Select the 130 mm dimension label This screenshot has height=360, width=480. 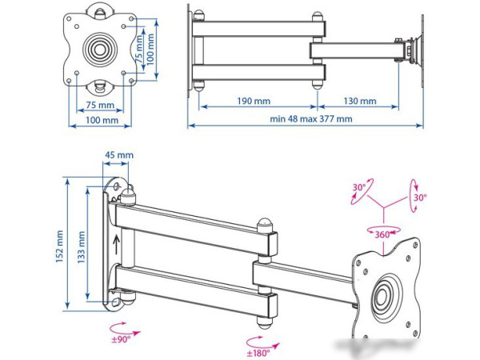click(360, 102)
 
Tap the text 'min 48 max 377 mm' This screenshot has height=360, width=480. click(311, 119)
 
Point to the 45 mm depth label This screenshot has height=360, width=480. click(118, 155)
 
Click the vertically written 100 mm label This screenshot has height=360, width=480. click(150, 49)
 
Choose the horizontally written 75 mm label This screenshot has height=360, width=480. click(99, 104)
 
